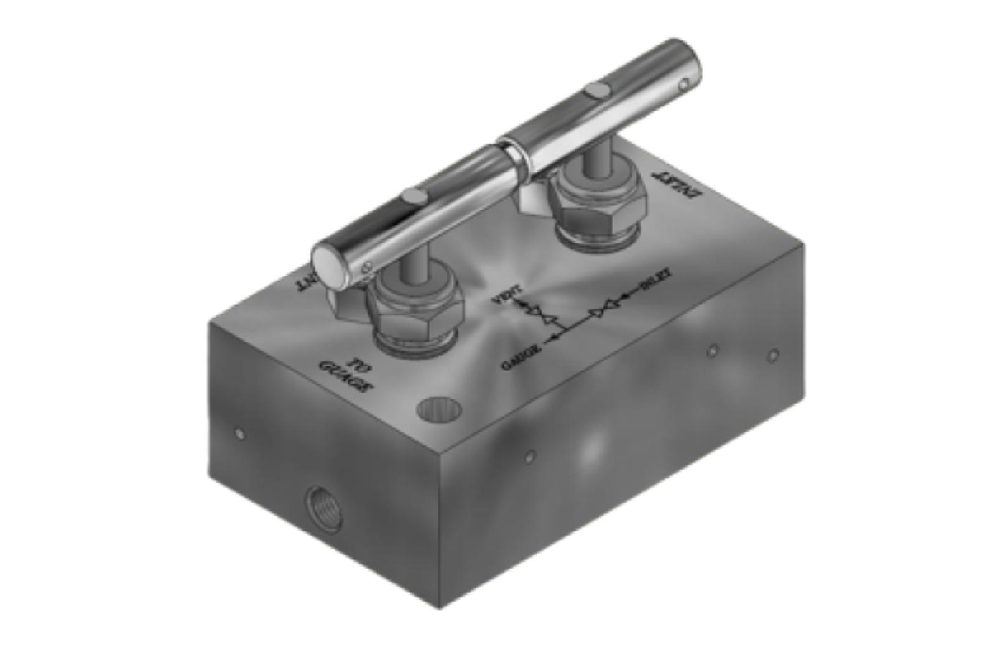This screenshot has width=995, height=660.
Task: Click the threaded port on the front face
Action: (x=323, y=509)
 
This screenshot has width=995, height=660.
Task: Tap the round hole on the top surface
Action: (x=439, y=409)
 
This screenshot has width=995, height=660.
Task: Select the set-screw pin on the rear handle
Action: (x=598, y=91)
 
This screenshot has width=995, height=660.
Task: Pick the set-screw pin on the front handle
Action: (x=414, y=197)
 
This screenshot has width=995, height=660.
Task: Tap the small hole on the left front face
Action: (x=239, y=433)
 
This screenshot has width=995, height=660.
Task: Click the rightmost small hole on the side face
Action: (x=773, y=356)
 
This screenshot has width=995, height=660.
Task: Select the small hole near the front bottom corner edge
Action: (x=529, y=457)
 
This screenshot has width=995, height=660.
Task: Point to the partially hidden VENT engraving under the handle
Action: (x=307, y=283)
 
